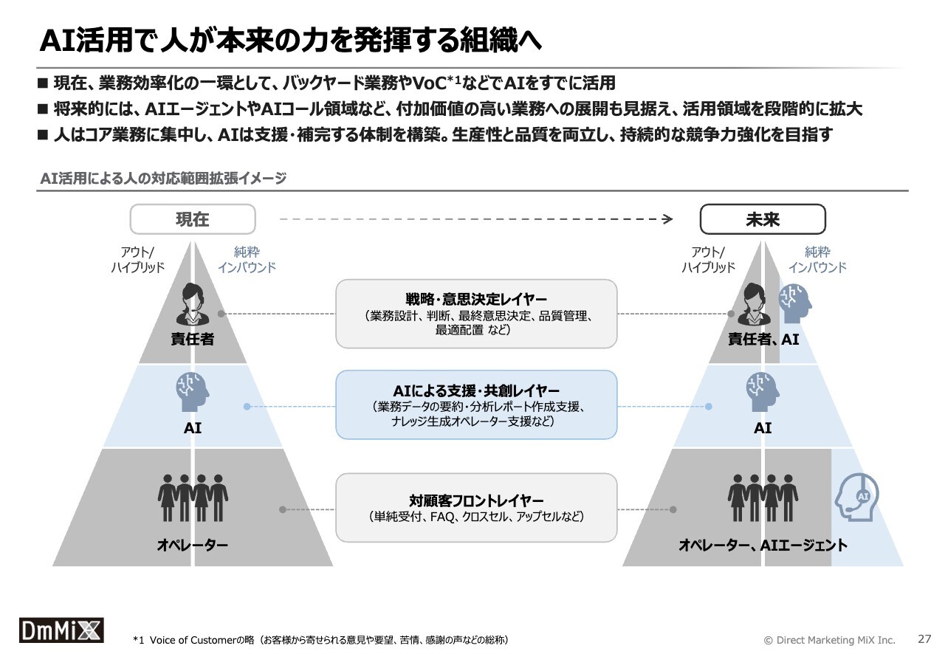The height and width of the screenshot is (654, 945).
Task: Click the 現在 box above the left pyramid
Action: pyautogui.click(x=193, y=219)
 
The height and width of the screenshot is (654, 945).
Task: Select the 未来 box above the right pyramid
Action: pyautogui.click(x=762, y=219)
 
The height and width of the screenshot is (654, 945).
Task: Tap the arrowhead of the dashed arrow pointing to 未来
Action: pyautogui.click(x=667, y=218)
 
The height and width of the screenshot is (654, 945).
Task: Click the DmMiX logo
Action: pyautogui.click(x=61, y=630)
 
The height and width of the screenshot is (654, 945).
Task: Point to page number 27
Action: pyautogui.click(x=924, y=638)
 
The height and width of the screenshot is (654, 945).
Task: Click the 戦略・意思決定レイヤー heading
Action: pyautogui.click(x=476, y=300)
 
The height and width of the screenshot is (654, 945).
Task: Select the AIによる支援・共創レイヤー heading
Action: pyautogui.click(x=476, y=390)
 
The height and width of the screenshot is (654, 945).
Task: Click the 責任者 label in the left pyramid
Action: pyautogui.click(x=192, y=340)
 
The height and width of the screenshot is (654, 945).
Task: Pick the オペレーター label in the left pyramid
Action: pyautogui.click(x=192, y=545)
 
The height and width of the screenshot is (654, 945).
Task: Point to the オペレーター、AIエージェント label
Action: pyautogui.click(x=763, y=545)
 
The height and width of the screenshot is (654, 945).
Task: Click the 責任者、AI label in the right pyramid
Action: pyautogui.click(x=763, y=340)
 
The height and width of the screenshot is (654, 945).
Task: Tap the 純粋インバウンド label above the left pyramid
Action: pyautogui.click(x=247, y=260)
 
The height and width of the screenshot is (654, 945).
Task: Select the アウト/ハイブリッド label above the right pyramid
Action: pyautogui.click(x=708, y=260)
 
